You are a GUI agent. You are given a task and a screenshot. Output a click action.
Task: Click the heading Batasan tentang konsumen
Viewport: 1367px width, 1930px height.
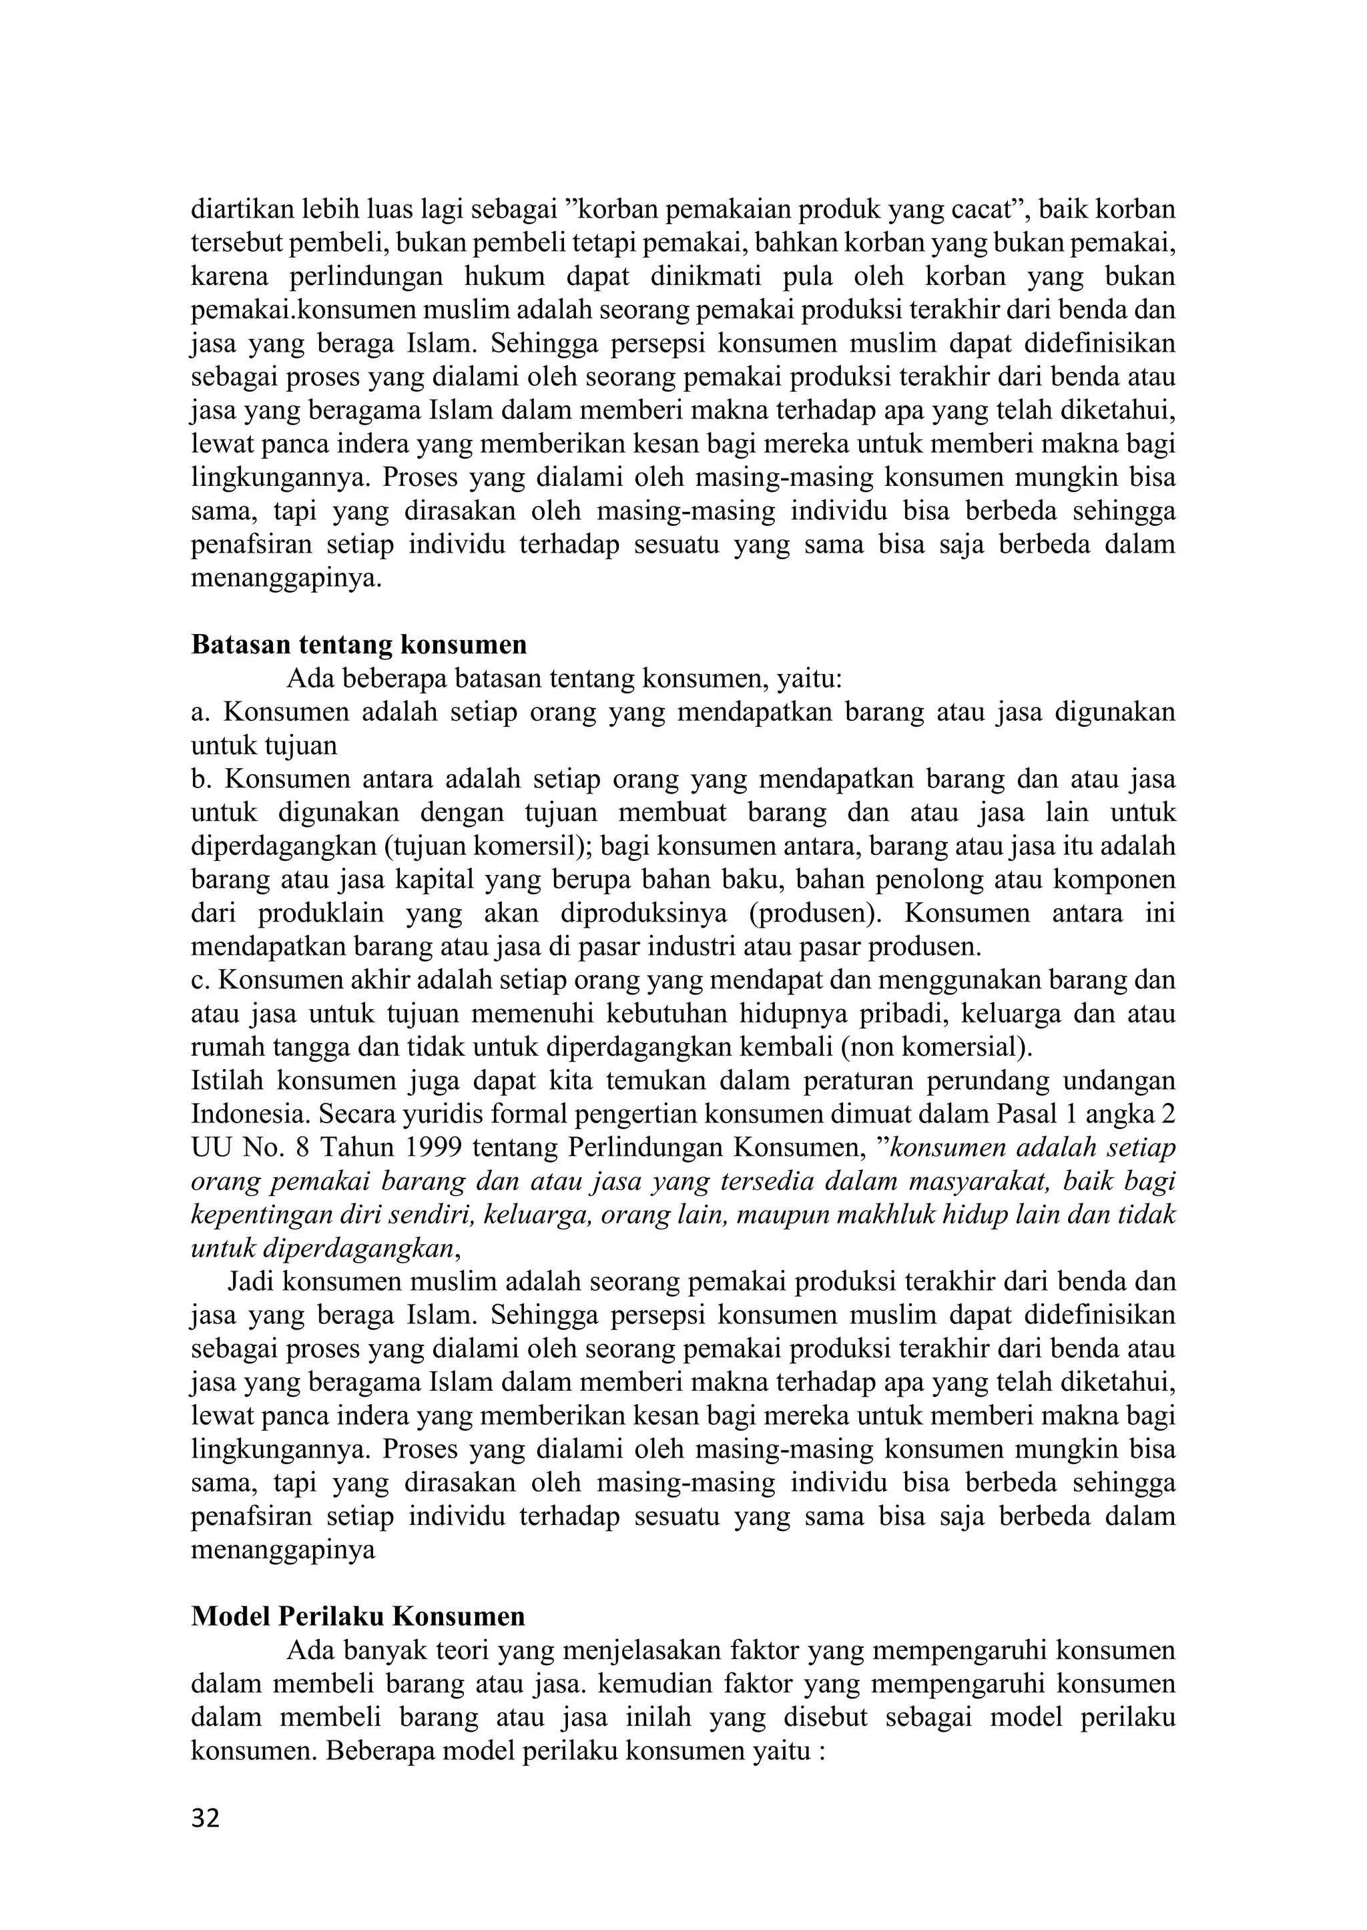coord(358,645)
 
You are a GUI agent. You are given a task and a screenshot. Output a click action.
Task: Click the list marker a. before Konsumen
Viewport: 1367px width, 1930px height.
coord(200,712)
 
